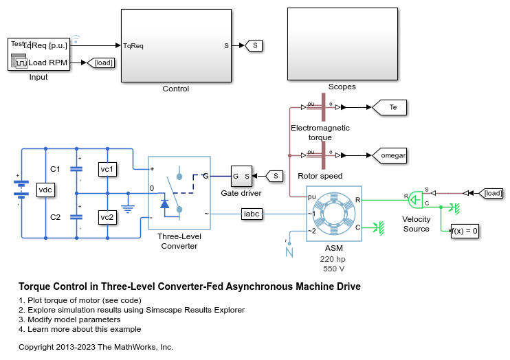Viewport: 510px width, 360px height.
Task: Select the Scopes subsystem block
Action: click(342, 44)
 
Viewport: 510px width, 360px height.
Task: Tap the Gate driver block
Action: click(241, 177)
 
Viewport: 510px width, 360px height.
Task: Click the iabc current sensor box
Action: click(251, 214)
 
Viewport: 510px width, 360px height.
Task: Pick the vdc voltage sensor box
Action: click(45, 190)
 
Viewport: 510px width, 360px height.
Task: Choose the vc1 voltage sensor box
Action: click(107, 169)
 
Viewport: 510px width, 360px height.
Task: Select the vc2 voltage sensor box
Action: click(107, 217)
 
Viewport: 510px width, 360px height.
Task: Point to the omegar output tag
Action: click(392, 155)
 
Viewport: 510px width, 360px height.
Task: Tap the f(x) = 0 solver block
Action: click(464, 231)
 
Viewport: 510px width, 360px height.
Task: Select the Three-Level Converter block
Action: click(178, 194)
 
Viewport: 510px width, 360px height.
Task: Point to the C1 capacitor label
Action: click(56, 169)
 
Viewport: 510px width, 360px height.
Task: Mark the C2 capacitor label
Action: click(56, 217)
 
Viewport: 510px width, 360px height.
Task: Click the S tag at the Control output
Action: click(255, 46)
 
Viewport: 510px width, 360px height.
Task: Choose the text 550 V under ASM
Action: click(333, 269)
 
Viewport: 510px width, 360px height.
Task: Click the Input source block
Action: click(39, 54)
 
